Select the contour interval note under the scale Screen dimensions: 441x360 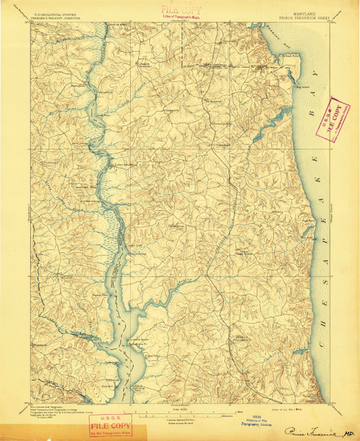pos(180,417)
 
